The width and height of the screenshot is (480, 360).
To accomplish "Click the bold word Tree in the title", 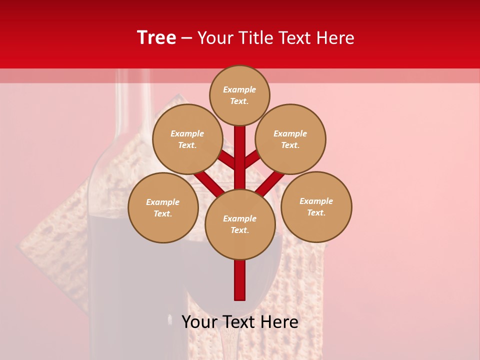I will click(x=156, y=38).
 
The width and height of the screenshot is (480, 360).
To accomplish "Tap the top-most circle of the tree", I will click(x=239, y=95).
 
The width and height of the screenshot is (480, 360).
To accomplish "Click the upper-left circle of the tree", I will click(x=187, y=139).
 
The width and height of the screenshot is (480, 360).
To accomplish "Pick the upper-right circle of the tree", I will click(x=290, y=139).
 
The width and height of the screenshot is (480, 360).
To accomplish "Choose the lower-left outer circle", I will click(x=163, y=207).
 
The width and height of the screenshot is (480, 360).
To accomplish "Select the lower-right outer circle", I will click(x=316, y=206).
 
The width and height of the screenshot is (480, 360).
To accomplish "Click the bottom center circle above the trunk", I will click(x=239, y=224).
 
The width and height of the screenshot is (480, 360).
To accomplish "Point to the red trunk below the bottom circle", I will click(x=239, y=280).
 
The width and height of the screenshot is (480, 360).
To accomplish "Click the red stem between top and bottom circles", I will click(x=239, y=160).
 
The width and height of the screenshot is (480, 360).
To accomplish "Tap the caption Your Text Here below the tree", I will click(x=239, y=322).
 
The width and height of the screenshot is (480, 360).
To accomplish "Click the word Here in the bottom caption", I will click(x=280, y=322).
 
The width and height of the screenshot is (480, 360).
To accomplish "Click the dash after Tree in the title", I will click(x=186, y=38).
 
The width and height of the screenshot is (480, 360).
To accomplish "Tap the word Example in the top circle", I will click(x=239, y=89).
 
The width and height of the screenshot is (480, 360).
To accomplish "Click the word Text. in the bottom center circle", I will click(x=239, y=230).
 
